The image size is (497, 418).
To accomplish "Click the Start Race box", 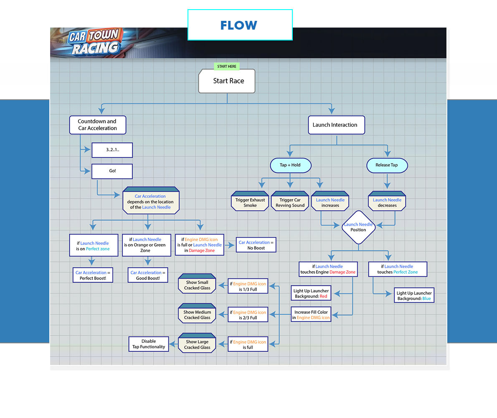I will (x=227, y=81).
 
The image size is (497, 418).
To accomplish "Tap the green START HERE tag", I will (x=227, y=66).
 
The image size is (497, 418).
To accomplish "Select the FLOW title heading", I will (x=239, y=25).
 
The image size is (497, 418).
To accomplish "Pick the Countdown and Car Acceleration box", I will (x=97, y=125).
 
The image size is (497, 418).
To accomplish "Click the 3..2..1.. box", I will (x=112, y=150).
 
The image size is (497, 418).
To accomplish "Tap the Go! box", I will (x=112, y=171).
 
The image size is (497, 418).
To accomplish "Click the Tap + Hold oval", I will (x=290, y=165).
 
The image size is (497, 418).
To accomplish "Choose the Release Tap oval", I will (x=387, y=165).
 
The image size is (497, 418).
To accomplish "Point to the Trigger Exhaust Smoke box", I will (x=250, y=202).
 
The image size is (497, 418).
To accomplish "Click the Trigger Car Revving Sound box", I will (x=290, y=202).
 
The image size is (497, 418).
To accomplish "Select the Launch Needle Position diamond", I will (x=358, y=227).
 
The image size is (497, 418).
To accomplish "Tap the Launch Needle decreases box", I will (x=387, y=202).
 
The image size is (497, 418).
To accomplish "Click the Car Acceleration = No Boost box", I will (x=256, y=245).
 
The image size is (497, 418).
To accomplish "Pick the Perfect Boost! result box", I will (x=93, y=275).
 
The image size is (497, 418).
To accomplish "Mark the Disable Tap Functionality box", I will (x=149, y=344).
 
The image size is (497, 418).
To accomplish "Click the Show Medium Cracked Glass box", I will (x=197, y=315).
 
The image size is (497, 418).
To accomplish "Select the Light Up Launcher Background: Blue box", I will (x=414, y=296).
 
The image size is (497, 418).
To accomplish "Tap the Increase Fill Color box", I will (x=311, y=315).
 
